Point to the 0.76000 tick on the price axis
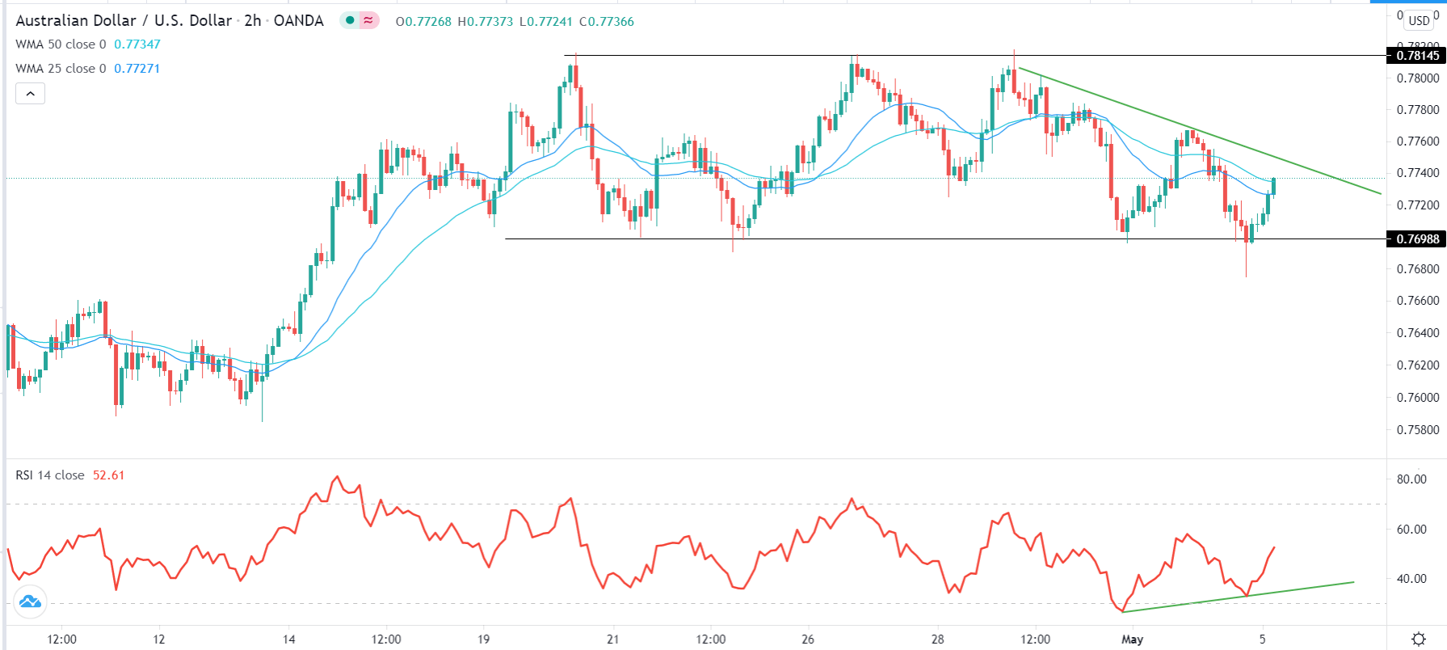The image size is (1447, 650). click(1418, 397)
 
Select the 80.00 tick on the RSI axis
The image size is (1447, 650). click(1411, 479)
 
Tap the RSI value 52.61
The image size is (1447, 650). click(108, 475)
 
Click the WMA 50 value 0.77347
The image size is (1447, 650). click(137, 44)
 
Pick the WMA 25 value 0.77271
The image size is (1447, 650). click(137, 69)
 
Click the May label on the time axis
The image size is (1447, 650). click(1133, 639)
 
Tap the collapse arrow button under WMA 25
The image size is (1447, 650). click(30, 94)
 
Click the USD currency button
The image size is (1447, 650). click(1420, 20)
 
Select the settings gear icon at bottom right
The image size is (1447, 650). click(1419, 639)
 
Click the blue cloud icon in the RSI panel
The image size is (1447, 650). click(30, 601)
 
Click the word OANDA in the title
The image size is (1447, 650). click(298, 21)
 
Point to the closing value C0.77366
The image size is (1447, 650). click(607, 22)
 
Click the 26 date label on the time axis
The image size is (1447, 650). click(808, 639)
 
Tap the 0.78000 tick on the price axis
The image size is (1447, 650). click(1418, 78)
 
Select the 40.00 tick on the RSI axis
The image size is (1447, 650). click(1411, 578)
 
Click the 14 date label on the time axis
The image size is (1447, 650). click(288, 639)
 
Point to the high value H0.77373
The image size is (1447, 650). click(485, 22)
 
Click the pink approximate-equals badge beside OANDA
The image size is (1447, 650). click(368, 21)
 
